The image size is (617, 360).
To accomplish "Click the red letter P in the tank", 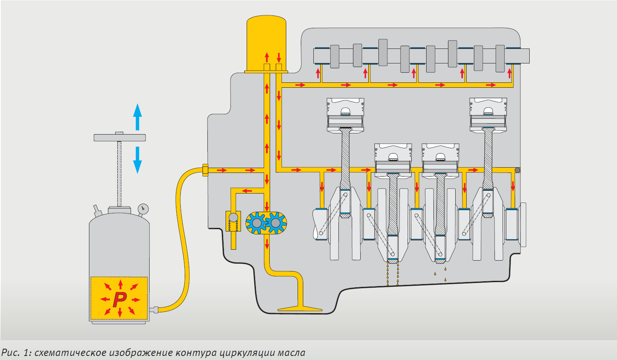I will click(120, 299).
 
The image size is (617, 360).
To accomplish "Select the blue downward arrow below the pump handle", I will click(137, 160).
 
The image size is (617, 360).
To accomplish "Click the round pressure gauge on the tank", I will click(143, 209).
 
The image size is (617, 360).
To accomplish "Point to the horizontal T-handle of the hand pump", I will click(119, 137).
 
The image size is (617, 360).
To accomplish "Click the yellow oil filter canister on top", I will click(266, 42).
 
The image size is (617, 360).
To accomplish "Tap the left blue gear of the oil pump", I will click(256, 223).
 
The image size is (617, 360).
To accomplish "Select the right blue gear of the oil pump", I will click(276, 223).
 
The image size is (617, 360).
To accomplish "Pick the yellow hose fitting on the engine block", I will click(205, 170).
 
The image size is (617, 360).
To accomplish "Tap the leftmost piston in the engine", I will click(345, 115).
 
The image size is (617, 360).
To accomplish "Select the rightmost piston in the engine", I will click(488, 115).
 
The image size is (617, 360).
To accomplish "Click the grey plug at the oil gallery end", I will click(517, 170).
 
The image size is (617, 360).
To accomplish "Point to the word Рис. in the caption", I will click(11, 353).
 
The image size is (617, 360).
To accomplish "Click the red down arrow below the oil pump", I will click(267, 244).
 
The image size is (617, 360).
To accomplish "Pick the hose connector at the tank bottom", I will click(154, 310).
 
